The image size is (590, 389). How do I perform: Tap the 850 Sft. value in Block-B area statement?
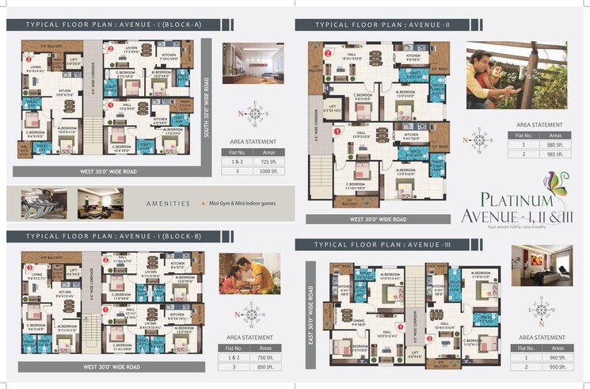point(268,367)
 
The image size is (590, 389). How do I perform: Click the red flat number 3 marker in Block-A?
point(29,59)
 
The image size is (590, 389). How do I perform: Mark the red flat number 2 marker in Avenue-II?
point(327,54)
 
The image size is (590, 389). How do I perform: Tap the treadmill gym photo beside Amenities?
point(44,203)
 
